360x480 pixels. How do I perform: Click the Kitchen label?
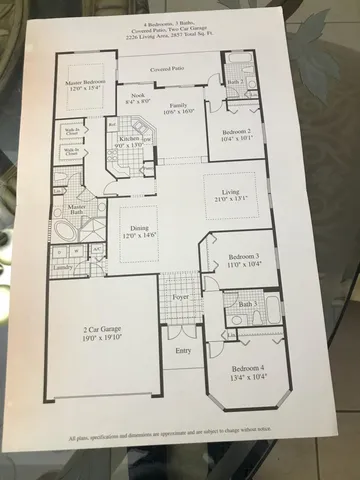point(130,141)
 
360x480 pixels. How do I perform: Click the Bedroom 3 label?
point(237,257)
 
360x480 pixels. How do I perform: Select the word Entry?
point(182,351)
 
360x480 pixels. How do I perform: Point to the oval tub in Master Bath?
point(67,232)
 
